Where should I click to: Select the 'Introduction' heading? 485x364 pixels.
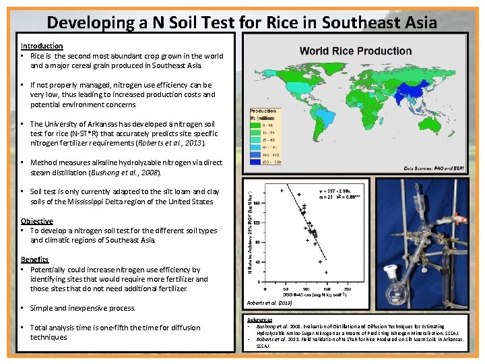click(x=42, y=46)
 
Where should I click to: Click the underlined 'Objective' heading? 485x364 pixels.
click(x=37, y=221)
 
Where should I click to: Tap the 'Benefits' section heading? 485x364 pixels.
click(x=35, y=260)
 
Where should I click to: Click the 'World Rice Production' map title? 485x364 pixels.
click(x=356, y=51)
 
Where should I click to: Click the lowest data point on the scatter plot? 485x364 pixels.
click(x=326, y=272)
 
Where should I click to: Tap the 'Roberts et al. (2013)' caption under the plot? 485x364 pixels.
click(x=269, y=303)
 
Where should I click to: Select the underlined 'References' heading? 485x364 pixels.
click(x=259, y=320)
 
